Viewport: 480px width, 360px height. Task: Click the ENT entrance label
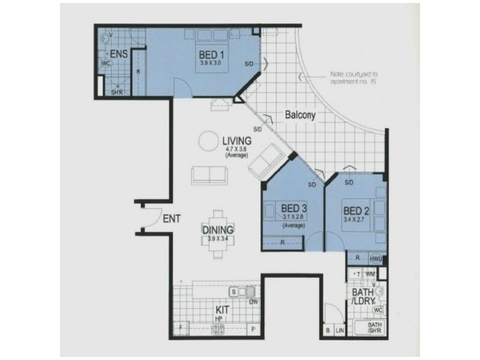(172, 220)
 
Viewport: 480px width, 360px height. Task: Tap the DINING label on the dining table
(217, 229)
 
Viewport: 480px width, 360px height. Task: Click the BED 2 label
(356, 211)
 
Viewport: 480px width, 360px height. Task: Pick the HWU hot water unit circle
(376, 259)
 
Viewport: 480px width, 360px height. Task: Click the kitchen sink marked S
(238, 292)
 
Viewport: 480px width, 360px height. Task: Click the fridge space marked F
(181, 328)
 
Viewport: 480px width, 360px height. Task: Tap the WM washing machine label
(370, 274)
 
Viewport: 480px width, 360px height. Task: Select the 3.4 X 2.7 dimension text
(356, 221)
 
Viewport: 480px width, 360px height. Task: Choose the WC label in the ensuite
(106, 63)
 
